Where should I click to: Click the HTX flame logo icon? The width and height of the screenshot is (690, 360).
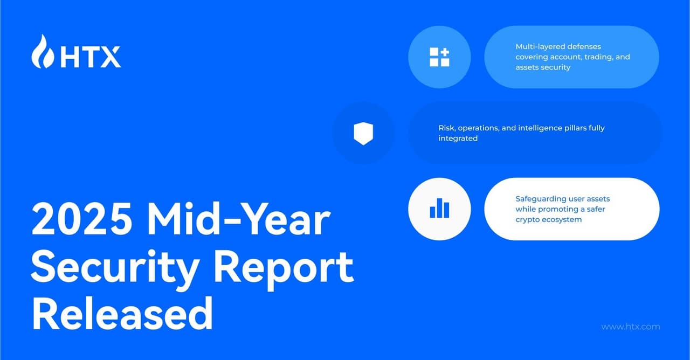coord(42,52)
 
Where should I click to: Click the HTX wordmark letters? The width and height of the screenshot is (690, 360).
coord(90,57)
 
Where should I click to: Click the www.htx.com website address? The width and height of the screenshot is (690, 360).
coord(630,327)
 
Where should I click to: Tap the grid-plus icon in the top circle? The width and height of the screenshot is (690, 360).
coord(439,57)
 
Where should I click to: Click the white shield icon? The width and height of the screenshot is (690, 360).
coord(363,133)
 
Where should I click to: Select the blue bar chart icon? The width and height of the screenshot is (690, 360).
coord(439,209)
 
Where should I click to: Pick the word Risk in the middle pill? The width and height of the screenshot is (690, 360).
coord(447,128)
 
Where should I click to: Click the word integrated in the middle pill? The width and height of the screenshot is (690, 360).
coord(458,139)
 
